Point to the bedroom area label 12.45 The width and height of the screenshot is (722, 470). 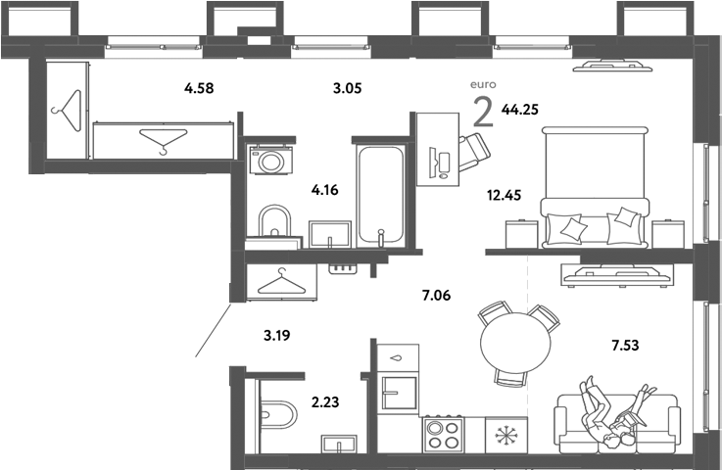tap(505, 194)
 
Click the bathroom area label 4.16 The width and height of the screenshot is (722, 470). tap(324, 190)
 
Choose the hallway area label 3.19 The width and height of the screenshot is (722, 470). tap(277, 335)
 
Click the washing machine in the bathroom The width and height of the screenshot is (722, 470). tap(271, 160)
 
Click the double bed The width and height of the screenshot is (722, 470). tap(595, 186)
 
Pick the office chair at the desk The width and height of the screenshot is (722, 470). tap(474, 149)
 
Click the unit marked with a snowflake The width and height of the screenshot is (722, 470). tap(507, 435)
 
